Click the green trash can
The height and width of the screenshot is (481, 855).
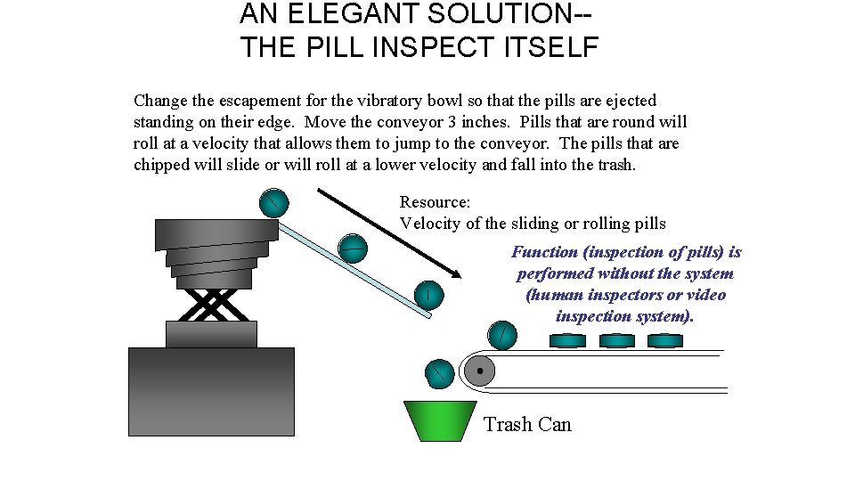(439, 420)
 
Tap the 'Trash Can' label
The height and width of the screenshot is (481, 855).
(527, 425)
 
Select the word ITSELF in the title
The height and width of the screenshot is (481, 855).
(551, 47)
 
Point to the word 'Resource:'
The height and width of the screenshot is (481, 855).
(435, 203)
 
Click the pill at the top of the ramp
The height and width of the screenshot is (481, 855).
(273, 203)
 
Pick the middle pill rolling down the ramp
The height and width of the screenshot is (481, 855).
(353, 248)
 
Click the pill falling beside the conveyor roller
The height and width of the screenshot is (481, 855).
(439, 373)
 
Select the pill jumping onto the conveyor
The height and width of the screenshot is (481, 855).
(502, 334)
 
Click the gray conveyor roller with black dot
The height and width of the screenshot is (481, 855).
(479, 370)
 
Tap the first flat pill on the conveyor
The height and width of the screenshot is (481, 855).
(567, 340)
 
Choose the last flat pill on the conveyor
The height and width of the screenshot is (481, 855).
(664, 340)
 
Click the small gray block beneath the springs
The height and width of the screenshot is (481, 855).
(211, 334)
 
